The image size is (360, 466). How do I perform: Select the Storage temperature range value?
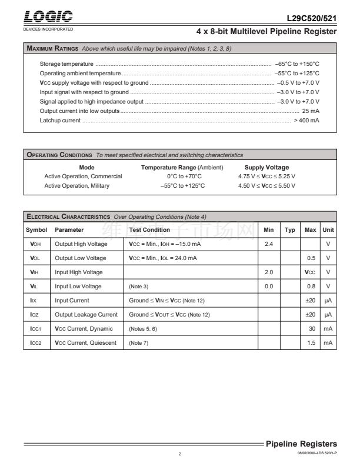(297, 64)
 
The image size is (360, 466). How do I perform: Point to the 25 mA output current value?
(311, 111)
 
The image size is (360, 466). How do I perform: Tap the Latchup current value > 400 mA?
(306, 120)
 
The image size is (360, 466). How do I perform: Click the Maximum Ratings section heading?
(54, 48)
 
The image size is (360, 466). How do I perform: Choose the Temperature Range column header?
(182, 167)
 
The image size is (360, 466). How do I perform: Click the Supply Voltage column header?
(266, 167)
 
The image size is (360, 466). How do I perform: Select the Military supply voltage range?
(266, 186)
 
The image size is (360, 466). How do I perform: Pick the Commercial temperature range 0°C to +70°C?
(184, 177)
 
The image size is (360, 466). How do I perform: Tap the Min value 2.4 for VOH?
(269, 244)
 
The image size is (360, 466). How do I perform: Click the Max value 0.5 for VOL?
(311, 258)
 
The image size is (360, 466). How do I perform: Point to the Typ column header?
(290, 229)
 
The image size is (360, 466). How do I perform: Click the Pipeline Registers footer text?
(301, 444)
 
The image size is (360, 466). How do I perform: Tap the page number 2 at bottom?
(181, 454)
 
